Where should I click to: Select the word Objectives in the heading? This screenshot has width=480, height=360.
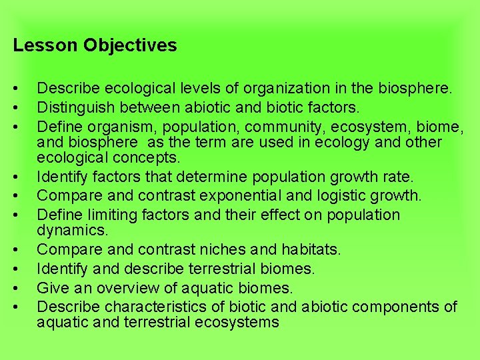pyautogui.click(x=130, y=45)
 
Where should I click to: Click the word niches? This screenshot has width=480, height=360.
pyautogui.click(x=239, y=249)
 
